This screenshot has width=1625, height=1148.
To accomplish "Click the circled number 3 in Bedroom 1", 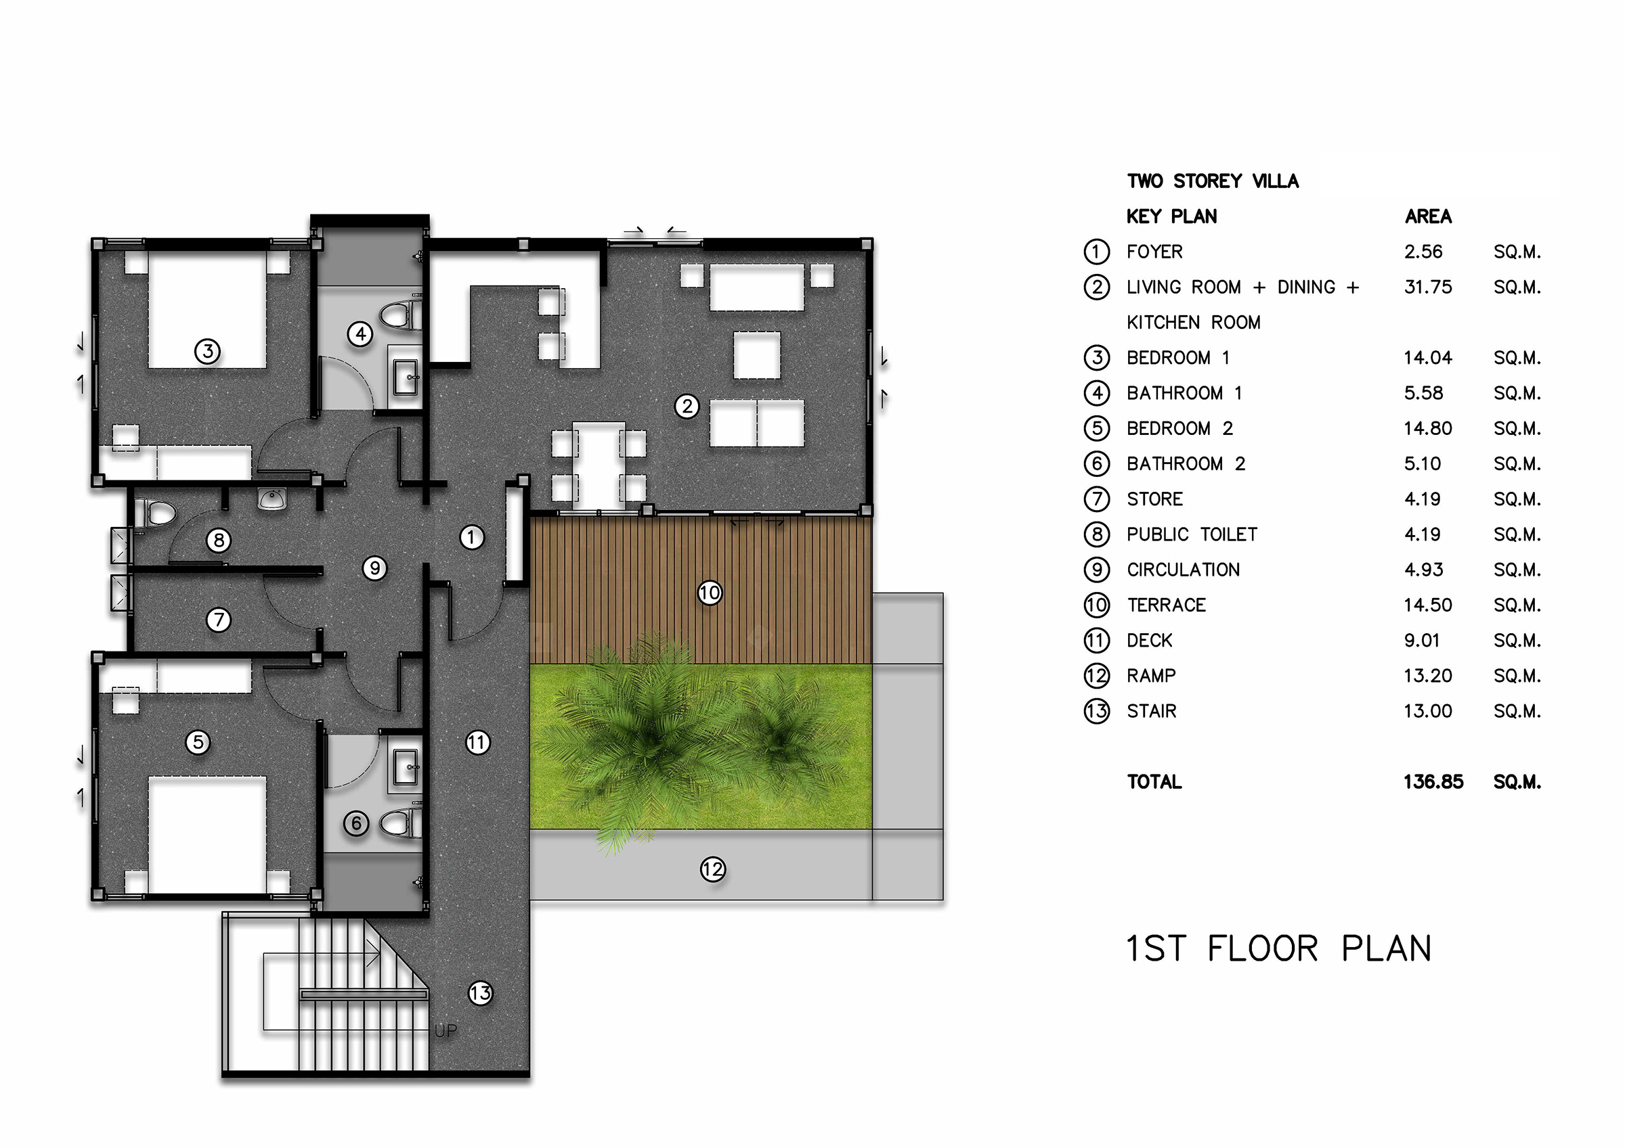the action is (x=207, y=351).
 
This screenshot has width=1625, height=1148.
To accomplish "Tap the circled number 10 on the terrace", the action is (x=710, y=593).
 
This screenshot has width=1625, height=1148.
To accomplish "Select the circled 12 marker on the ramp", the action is (x=713, y=869).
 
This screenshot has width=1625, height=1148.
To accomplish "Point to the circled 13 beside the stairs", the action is (x=481, y=993).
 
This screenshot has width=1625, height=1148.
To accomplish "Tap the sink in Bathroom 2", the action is (x=406, y=766).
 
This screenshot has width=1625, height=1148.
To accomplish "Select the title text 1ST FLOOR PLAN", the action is (x=1278, y=948).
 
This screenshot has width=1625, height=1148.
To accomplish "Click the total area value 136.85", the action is (x=1433, y=781).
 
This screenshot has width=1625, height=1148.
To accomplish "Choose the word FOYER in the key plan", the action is (x=1154, y=252).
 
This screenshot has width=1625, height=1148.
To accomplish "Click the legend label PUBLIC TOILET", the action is (x=1192, y=534).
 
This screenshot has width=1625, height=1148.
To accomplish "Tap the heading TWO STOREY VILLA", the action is (x=1213, y=181).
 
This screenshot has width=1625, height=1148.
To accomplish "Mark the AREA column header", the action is (x=1428, y=216).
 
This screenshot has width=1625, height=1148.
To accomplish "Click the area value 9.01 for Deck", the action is (x=1422, y=641).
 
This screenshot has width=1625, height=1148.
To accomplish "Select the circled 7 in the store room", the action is (x=218, y=620).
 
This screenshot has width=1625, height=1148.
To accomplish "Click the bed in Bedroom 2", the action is (x=207, y=835).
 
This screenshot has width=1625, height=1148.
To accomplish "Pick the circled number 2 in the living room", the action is (x=687, y=406).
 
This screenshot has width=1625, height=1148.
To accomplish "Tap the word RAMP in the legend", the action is (x=1151, y=676).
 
